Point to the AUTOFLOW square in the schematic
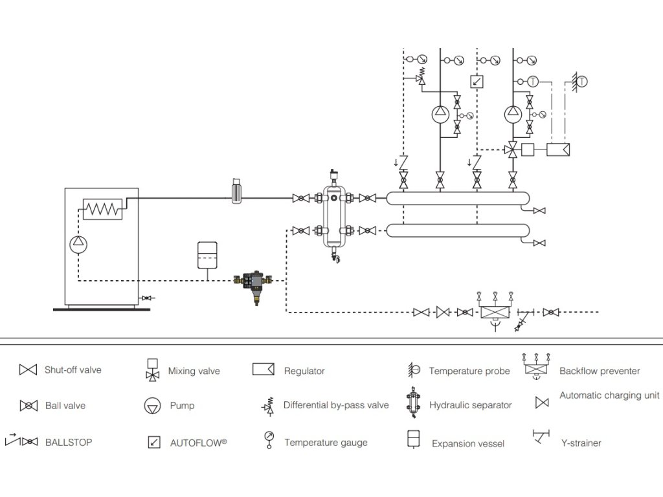[477, 82]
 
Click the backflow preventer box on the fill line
[495, 312]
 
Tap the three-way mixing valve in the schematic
[513, 149]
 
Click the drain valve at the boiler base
[148, 298]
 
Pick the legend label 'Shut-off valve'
[73, 370]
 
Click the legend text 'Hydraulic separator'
[470, 406]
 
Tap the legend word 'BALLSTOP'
[68, 443]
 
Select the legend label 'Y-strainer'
[580, 443]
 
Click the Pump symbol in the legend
[152, 406]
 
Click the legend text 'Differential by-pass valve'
[335, 406]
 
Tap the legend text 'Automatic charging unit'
[609, 395]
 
